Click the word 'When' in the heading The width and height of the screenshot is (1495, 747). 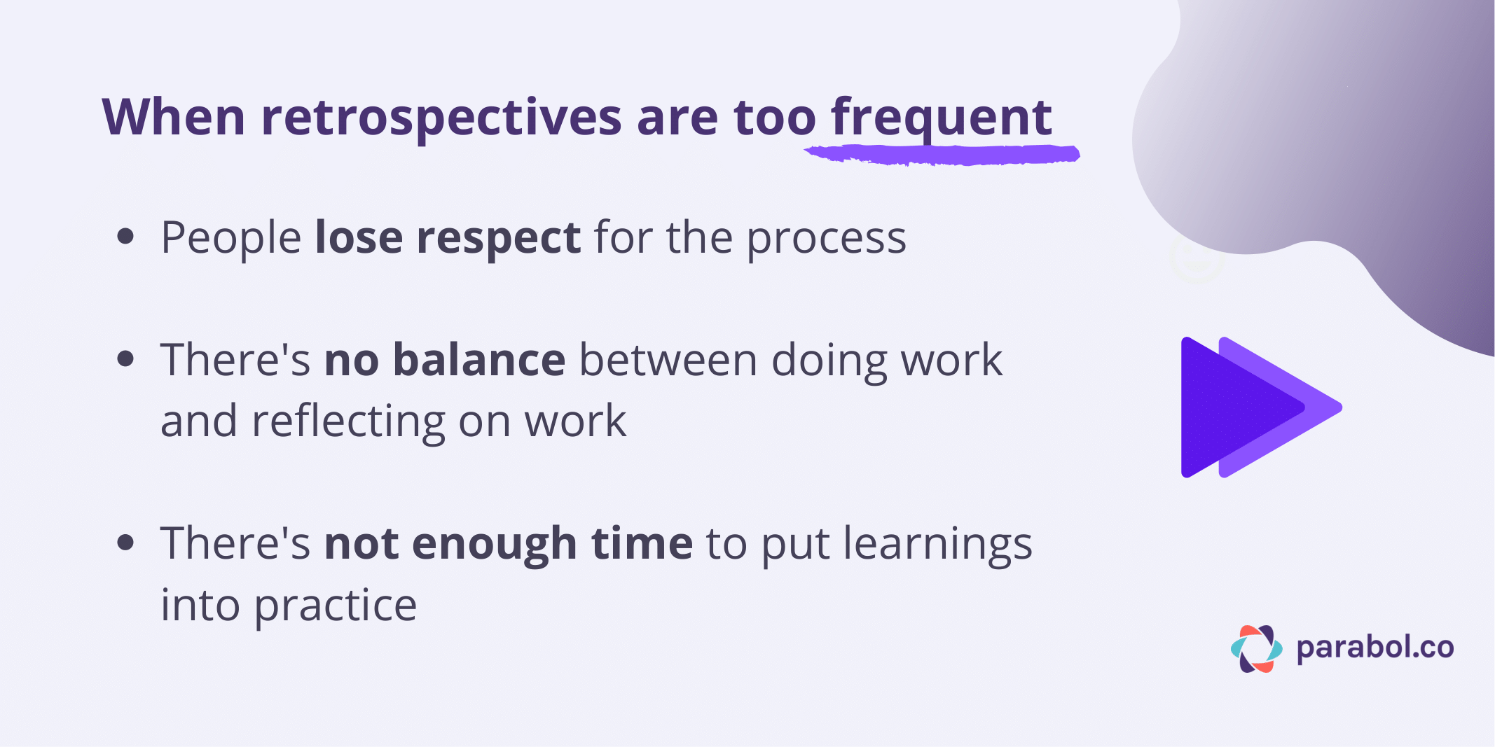click(x=174, y=117)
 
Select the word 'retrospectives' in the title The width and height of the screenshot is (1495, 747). click(x=441, y=117)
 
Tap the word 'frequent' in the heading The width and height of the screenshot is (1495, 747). click(x=941, y=117)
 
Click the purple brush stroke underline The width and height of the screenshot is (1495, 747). click(x=942, y=154)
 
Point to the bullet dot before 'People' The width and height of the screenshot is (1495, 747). click(x=125, y=237)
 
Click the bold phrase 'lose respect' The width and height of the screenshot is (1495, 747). click(x=448, y=238)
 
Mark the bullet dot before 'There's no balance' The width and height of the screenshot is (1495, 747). click(x=125, y=359)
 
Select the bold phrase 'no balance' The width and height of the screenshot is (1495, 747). click(x=445, y=360)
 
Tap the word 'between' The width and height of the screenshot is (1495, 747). click(x=668, y=360)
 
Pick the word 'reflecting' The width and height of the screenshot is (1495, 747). click(x=347, y=421)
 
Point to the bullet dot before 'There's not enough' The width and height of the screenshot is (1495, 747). click(x=125, y=543)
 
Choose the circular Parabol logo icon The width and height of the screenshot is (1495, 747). click(x=1256, y=649)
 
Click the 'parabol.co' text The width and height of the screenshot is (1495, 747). click(x=1375, y=648)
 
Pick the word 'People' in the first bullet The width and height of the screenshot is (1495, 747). click(x=231, y=238)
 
